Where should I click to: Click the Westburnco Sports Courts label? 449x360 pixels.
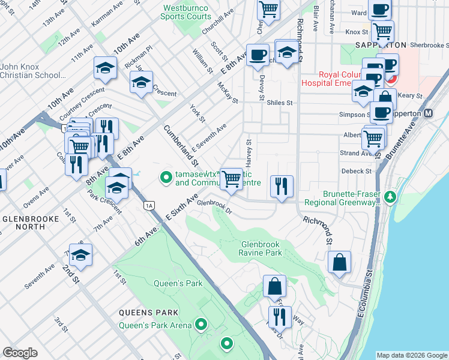point(186,11)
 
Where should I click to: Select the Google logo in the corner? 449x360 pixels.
point(20,353)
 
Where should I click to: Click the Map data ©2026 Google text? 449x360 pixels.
point(411,355)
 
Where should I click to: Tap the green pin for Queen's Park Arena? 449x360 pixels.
point(201,325)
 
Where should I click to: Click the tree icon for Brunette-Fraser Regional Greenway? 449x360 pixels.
point(390,197)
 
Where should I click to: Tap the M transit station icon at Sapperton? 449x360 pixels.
point(429,113)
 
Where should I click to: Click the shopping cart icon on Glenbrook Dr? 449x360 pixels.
point(232,178)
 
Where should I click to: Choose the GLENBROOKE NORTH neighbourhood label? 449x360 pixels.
point(31,223)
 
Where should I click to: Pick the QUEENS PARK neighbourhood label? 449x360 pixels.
point(148,313)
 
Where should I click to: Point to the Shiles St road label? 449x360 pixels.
point(279,103)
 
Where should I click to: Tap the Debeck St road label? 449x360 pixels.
point(357,171)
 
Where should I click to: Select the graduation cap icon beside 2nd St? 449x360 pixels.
point(80,256)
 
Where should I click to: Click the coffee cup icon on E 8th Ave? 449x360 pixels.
point(258,56)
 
